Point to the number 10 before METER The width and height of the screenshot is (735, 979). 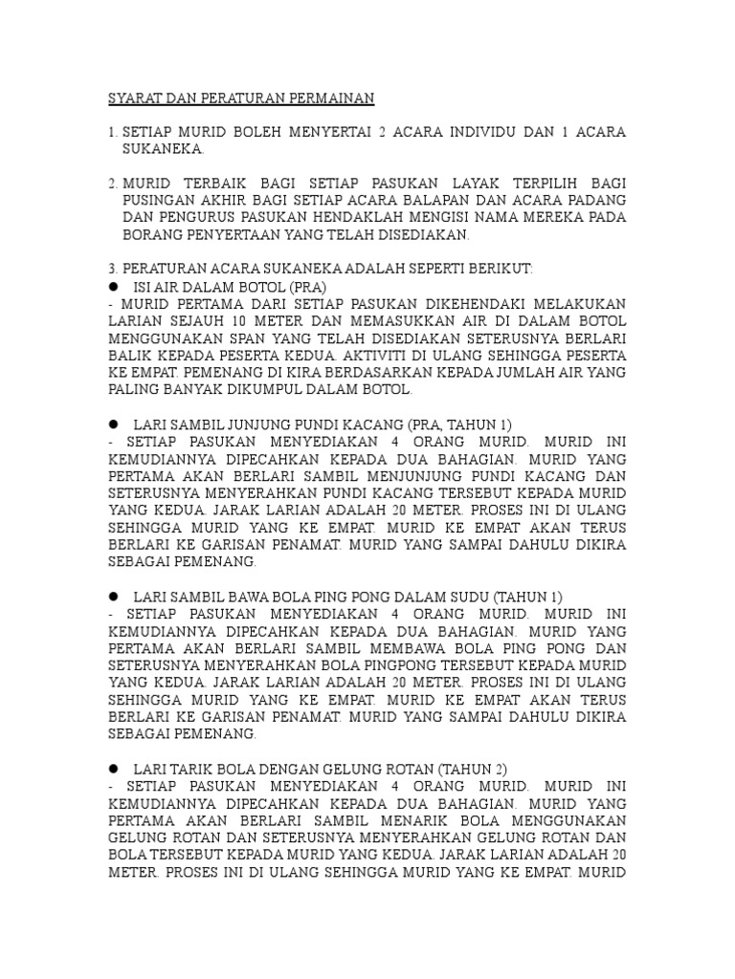point(237,321)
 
